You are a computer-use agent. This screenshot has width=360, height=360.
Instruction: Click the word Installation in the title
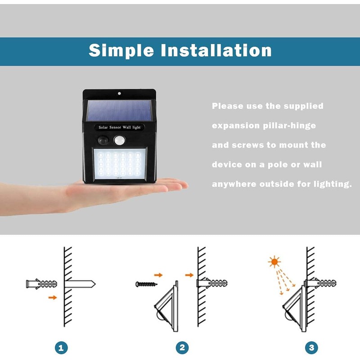tap(216, 50)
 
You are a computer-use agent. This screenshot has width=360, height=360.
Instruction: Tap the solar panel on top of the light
tap(119, 110)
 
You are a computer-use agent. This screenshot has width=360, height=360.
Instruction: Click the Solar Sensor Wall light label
tap(119, 127)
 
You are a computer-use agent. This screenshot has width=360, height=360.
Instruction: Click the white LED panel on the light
tap(119, 165)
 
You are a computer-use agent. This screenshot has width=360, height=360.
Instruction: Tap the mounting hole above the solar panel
tap(119, 94)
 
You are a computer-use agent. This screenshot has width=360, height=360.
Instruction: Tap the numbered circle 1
tap(62, 347)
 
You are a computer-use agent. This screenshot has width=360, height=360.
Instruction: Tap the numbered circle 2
tap(182, 347)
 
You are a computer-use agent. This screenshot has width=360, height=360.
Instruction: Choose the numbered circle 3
tap(311, 347)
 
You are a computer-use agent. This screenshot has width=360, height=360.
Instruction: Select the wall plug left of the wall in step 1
tap(43, 284)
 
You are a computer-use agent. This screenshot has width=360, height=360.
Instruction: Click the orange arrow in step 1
tap(53, 297)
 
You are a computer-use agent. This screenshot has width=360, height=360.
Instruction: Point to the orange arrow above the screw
tap(158, 274)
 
